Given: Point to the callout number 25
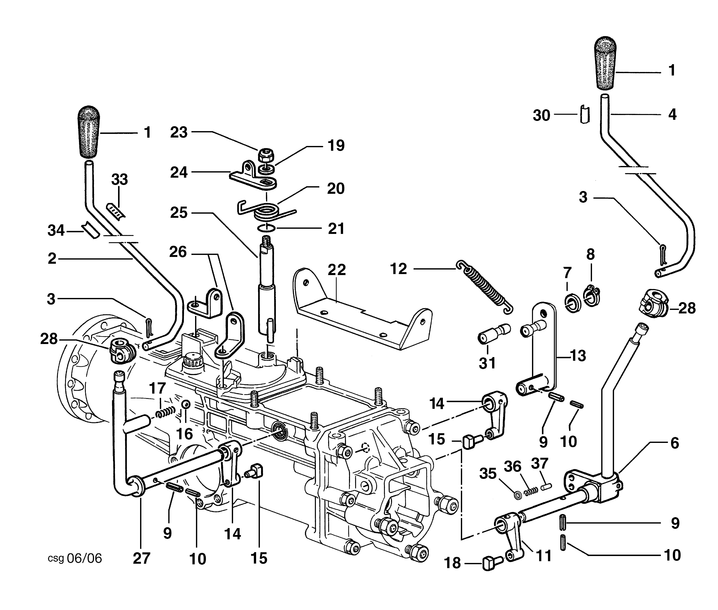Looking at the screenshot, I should coord(179,213).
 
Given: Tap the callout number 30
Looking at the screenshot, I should coord(541,115).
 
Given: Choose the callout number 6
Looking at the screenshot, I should coord(674,443).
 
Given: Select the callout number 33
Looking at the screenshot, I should coord(120,179).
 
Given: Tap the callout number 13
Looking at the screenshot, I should coord(578,355).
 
